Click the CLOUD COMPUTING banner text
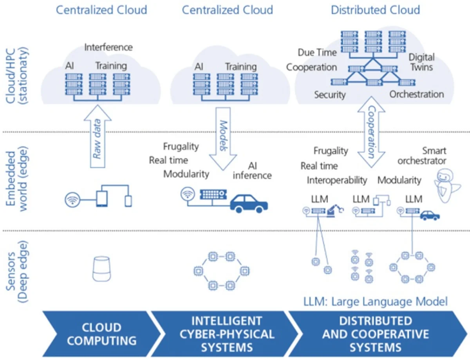click(101, 334)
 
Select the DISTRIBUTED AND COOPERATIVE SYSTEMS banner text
click(375, 334)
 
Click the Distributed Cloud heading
click(375, 9)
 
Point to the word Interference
click(108, 47)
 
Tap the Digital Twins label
click(421, 62)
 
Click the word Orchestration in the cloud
click(416, 94)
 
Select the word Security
click(330, 94)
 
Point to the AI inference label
click(252, 170)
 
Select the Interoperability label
click(337, 180)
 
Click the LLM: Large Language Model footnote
click(375, 301)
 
